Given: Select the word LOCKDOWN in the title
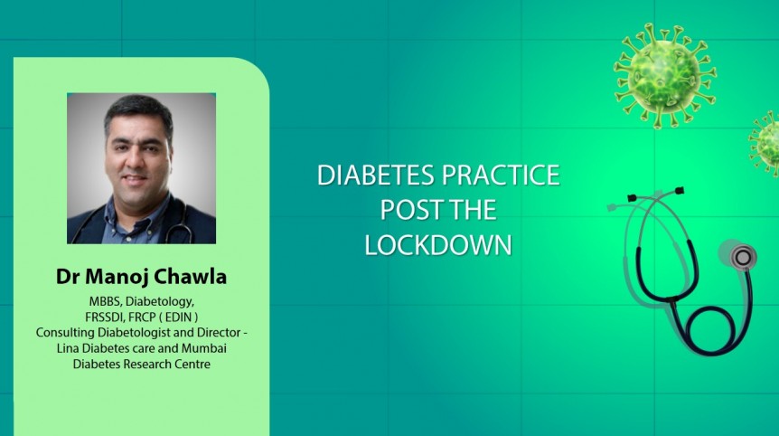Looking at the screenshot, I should point(438,245).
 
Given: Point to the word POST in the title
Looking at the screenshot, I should point(412,211).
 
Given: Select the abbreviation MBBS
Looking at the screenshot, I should point(106,300).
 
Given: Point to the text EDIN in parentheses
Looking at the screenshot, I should point(185,316).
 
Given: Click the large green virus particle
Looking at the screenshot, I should point(665,74).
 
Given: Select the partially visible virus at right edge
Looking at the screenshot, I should point(766,143).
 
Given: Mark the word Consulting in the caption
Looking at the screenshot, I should point(66,332).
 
